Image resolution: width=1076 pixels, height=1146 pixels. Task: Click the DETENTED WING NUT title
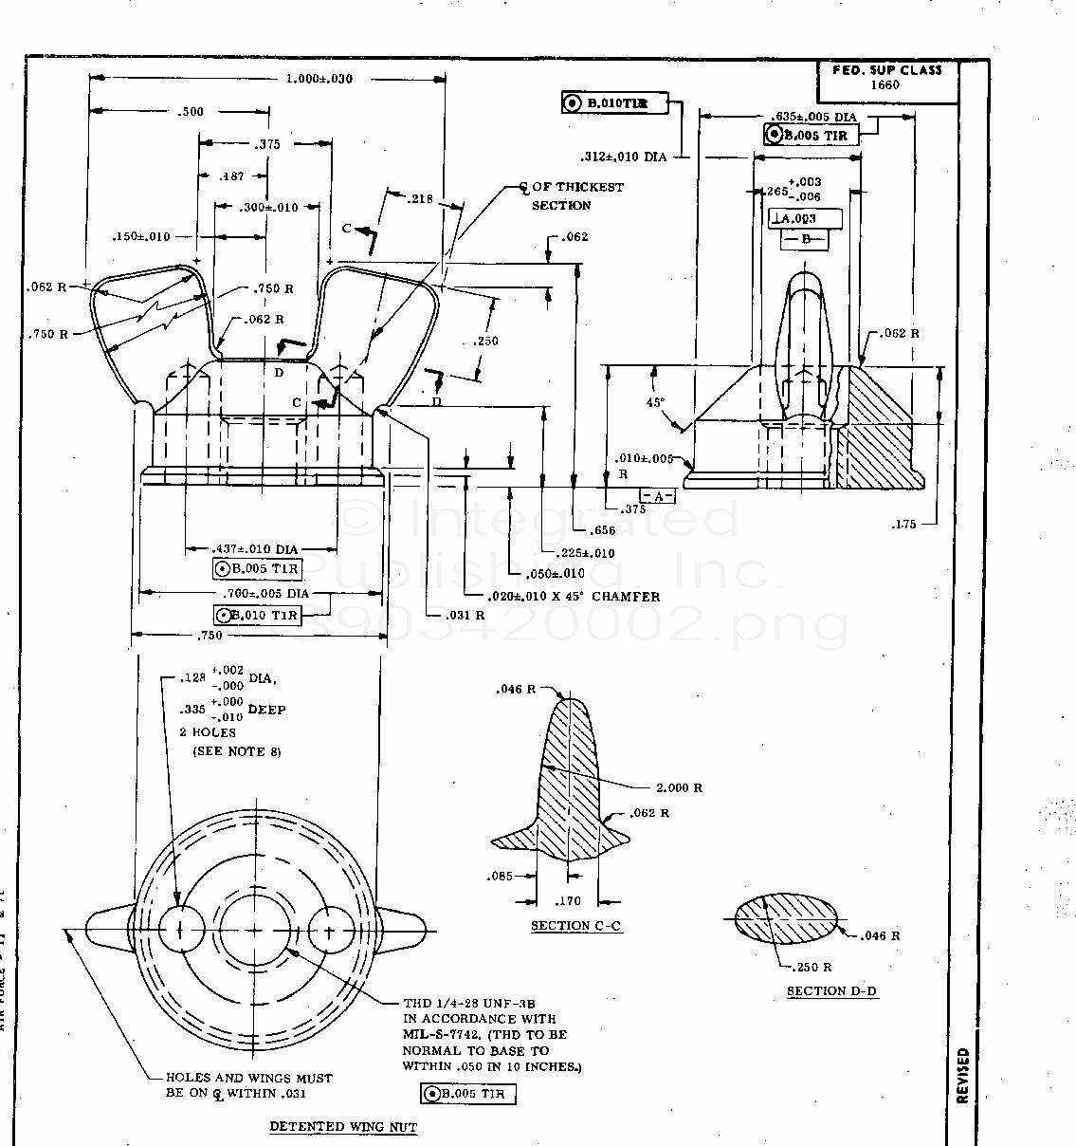click(x=343, y=1127)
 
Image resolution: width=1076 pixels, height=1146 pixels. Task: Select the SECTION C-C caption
click(x=576, y=926)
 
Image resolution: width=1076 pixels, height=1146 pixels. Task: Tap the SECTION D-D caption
click(x=831, y=991)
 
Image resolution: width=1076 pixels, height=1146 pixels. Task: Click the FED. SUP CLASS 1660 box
click(x=887, y=78)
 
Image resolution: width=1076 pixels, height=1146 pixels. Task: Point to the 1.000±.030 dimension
click(x=319, y=79)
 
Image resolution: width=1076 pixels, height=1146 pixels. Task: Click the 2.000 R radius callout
click(x=679, y=788)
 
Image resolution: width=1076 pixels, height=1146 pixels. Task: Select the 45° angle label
click(x=655, y=402)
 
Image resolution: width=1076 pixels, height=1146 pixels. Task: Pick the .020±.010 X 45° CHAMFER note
click(x=575, y=597)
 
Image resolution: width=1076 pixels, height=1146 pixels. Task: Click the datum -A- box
click(x=659, y=496)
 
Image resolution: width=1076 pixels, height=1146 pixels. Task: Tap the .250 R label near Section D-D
click(x=812, y=968)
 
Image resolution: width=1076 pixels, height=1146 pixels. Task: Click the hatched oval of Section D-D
click(x=787, y=919)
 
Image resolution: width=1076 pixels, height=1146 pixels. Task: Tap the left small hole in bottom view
click(x=181, y=929)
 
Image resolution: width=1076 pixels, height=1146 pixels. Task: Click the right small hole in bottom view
click(x=331, y=929)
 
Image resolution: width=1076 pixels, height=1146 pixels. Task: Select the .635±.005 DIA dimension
click(x=813, y=117)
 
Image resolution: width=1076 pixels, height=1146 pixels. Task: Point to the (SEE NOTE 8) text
click(x=237, y=751)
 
